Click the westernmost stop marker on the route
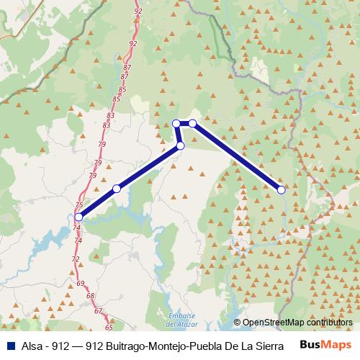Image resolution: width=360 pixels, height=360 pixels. (78, 216)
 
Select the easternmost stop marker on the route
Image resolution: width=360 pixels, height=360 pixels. (282, 189)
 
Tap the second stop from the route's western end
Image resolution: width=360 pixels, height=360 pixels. (117, 189)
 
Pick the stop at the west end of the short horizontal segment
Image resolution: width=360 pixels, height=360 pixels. (176, 124)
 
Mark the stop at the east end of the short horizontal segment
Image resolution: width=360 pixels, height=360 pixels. (193, 124)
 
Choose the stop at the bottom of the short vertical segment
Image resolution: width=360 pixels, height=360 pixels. (181, 145)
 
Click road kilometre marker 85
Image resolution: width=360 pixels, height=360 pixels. (117, 99)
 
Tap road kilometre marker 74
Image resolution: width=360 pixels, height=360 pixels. (76, 228)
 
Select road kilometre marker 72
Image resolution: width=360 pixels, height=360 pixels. (75, 258)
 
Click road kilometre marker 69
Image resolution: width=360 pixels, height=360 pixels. (80, 284)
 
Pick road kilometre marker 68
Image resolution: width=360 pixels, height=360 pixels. (89, 296)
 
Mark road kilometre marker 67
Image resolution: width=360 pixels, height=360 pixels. (98, 311)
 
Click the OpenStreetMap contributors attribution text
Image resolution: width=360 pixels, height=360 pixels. (297, 323)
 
